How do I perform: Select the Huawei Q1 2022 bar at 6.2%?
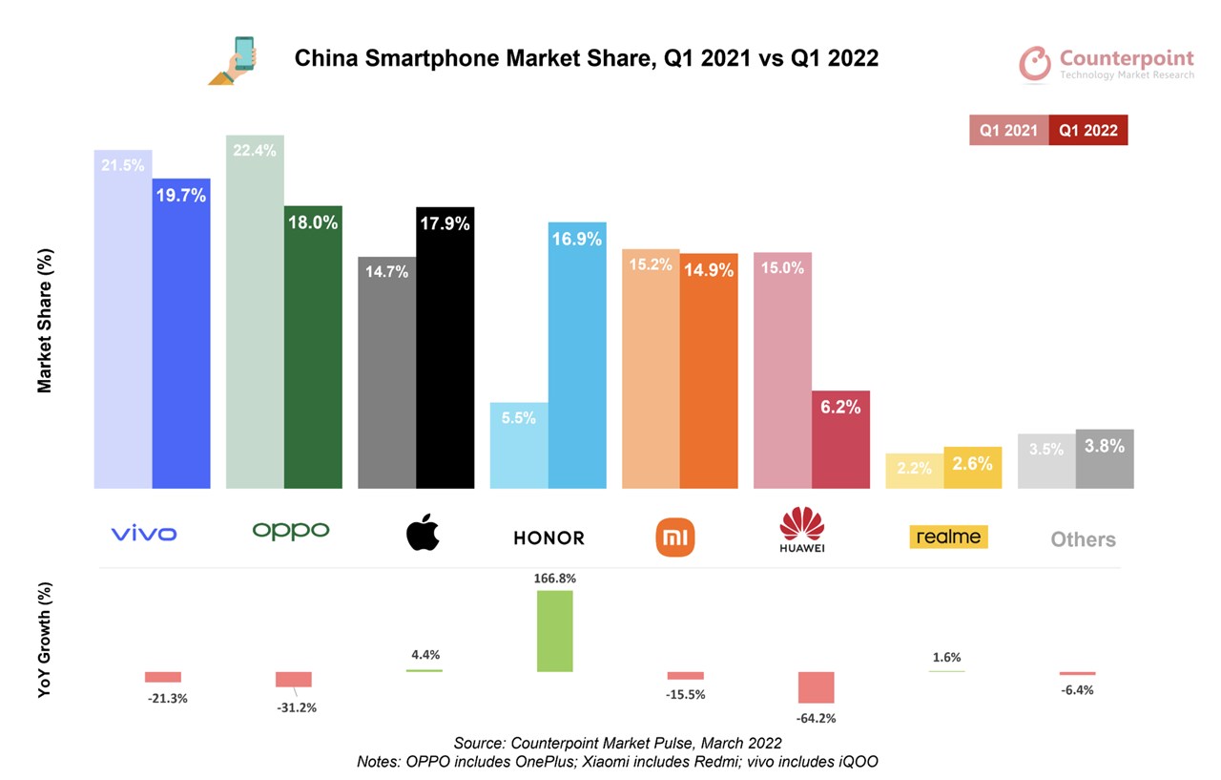[x=840, y=439]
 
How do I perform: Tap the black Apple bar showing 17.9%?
[x=445, y=348]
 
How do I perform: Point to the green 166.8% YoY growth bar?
[x=555, y=631]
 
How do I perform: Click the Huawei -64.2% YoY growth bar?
[x=816, y=687]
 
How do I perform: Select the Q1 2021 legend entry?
[x=1008, y=131]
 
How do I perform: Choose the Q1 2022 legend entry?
[x=1088, y=131]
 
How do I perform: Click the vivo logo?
[x=144, y=534]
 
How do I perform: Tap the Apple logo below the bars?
[x=424, y=532]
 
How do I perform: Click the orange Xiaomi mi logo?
[x=676, y=537]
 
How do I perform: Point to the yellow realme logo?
[x=947, y=537]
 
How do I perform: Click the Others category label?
[x=1083, y=539]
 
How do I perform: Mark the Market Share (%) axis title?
[x=45, y=321]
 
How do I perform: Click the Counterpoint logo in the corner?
[x=1107, y=63]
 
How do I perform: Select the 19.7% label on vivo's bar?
[x=182, y=195]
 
